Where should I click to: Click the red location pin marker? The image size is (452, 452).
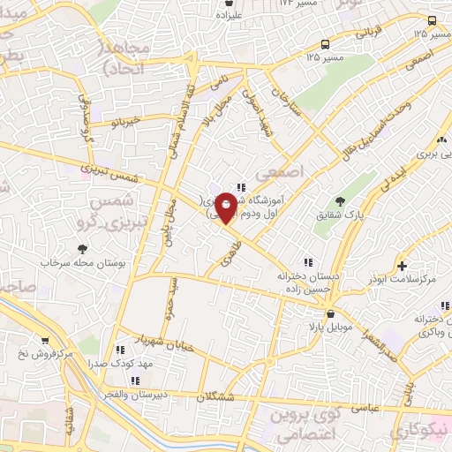point(226,207)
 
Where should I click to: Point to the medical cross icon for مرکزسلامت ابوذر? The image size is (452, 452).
point(403,266)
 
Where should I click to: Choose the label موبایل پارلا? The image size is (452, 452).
point(330,328)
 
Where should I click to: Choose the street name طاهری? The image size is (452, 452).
point(225,251)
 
